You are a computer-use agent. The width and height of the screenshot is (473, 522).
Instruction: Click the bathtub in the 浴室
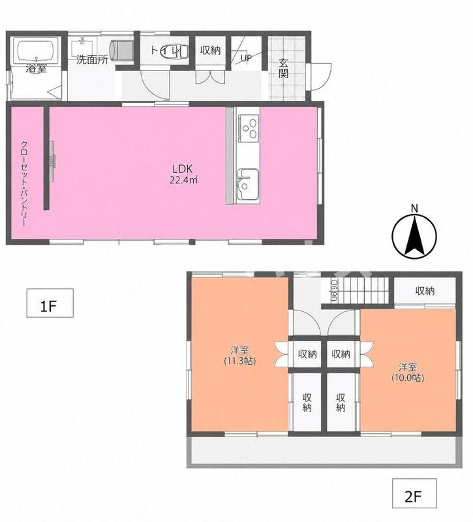pyautogui.click(x=38, y=50)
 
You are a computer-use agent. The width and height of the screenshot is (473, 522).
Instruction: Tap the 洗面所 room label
pyautogui.click(x=92, y=60)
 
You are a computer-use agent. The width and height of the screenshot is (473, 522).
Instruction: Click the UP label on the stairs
pyautogui.click(x=246, y=58)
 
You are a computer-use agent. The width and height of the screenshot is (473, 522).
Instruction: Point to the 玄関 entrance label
pyautogui.click(x=284, y=69)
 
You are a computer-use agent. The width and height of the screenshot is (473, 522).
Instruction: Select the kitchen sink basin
pyautogui.click(x=247, y=184)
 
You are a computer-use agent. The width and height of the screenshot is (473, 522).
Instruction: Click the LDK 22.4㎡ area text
pyautogui.click(x=184, y=174)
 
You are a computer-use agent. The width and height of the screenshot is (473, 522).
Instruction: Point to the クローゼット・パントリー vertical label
pyautogui.click(x=24, y=184)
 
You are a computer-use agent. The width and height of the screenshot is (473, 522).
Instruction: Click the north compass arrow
pyautogui.click(x=414, y=235)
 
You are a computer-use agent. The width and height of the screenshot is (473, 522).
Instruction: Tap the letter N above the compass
pyautogui.click(x=414, y=208)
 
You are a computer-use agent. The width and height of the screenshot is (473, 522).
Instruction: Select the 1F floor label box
pyautogui.click(x=50, y=303)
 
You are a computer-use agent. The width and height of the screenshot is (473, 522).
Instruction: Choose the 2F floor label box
pyautogui.click(x=414, y=497)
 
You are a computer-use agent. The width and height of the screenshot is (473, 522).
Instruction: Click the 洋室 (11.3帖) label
pyautogui.click(x=239, y=356)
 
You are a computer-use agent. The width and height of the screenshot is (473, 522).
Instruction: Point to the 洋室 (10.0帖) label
pyautogui.click(x=408, y=373)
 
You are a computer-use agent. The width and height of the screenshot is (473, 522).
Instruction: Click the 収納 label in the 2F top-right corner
pyautogui.click(x=425, y=291)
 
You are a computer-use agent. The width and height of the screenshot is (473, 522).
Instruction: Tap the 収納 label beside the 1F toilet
pyautogui.click(x=210, y=50)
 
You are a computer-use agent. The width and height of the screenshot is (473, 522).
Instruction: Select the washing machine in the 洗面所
pyautogui.click(x=123, y=50)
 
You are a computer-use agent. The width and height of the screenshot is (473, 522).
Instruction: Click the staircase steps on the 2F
pyautogui.click(x=363, y=290)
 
